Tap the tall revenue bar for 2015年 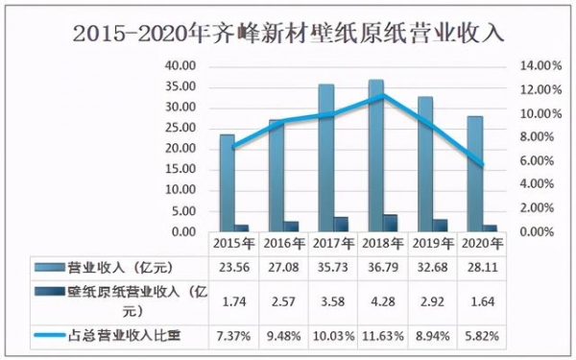click(x=228, y=182)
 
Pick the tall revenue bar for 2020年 click(x=475, y=173)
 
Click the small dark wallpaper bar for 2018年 click(x=390, y=223)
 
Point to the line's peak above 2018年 click(x=384, y=95)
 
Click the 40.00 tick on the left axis click(x=180, y=66)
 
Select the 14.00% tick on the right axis click(x=540, y=66)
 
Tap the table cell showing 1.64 click(x=483, y=300)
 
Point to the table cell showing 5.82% click(x=483, y=336)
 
